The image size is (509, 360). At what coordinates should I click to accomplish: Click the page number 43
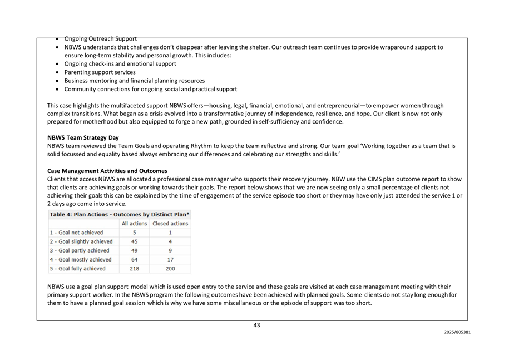click(x=256, y=326)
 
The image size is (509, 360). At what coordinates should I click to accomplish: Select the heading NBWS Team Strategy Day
click(x=83, y=137)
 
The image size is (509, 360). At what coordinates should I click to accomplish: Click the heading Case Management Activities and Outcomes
click(x=107, y=171)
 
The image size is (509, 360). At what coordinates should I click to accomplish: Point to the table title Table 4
click(x=120, y=214)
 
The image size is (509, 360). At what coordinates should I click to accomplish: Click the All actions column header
click(x=134, y=224)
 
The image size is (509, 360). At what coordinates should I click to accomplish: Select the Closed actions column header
click(x=170, y=224)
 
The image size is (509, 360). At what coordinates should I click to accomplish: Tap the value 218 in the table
click(x=134, y=269)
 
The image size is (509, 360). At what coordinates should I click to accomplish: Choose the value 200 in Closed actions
click(x=170, y=269)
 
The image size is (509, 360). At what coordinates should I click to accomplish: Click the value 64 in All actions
click(x=134, y=260)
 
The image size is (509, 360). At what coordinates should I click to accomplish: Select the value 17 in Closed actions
click(x=170, y=260)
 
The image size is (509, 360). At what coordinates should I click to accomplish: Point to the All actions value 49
click(x=134, y=251)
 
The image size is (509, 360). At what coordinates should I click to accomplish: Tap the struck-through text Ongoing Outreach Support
click(x=100, y=38)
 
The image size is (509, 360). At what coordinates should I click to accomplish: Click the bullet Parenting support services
click(x=100, y=72)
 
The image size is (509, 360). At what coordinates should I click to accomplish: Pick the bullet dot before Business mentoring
click(x=58, y=81)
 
